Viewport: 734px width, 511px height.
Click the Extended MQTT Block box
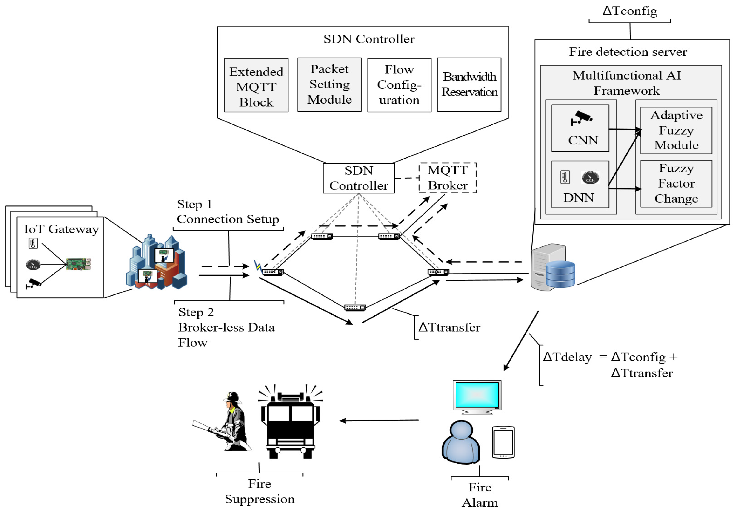256,85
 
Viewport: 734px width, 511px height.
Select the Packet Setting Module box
329,85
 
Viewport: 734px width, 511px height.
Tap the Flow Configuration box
399,85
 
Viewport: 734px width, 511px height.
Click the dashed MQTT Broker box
448,178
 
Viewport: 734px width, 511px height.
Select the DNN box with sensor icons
580,184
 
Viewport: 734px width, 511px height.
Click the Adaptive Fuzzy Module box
676,130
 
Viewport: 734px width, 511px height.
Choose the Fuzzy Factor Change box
676,184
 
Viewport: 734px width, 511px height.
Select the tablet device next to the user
503,442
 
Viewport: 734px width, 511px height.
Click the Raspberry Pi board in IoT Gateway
79,264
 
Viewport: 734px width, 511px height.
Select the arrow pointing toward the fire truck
379,420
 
